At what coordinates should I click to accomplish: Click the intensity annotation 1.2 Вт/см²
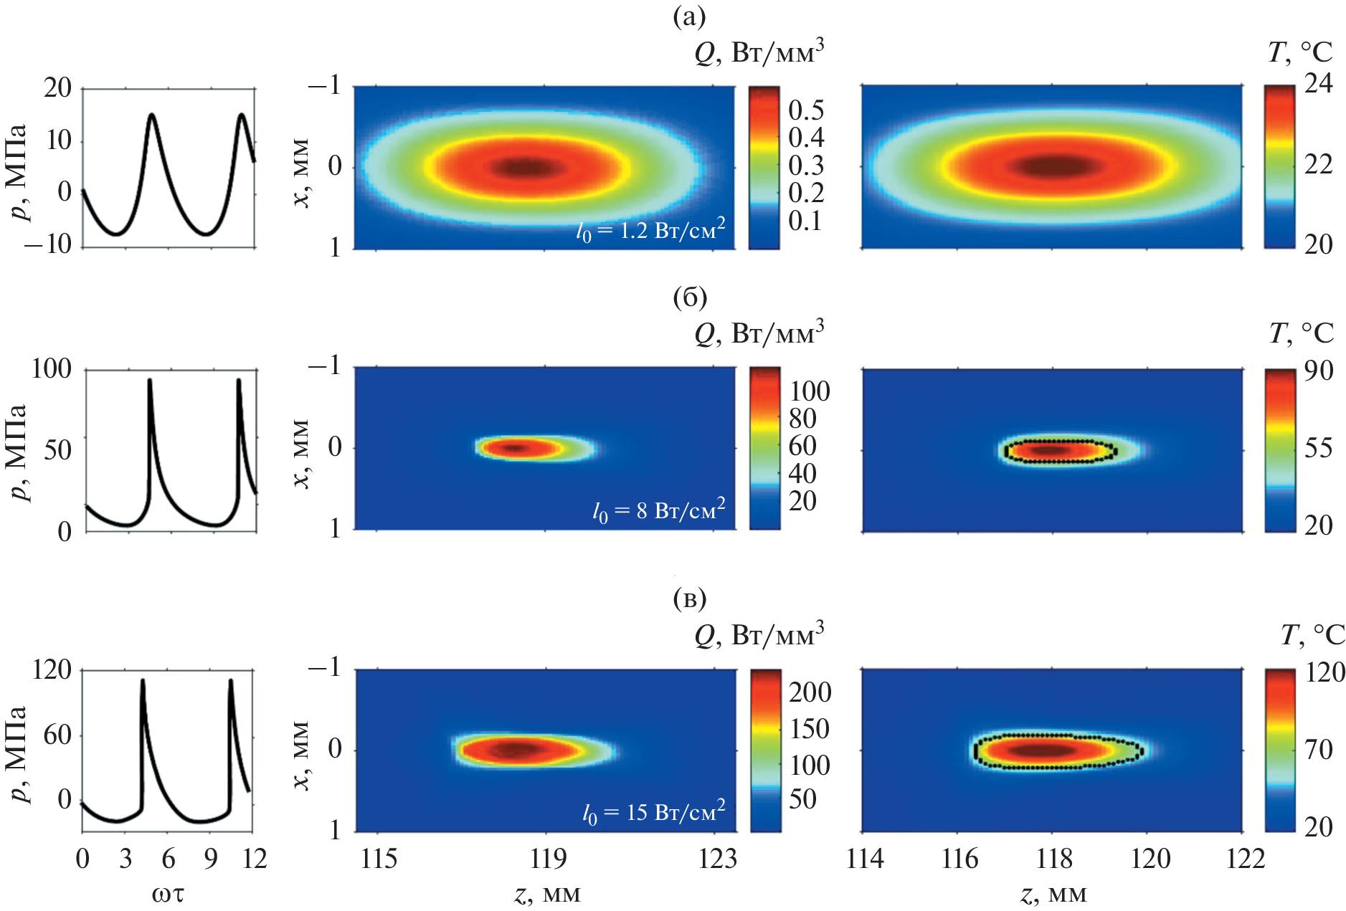[x=651, y=231]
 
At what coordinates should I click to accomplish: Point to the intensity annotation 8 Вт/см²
[x=659, y=511]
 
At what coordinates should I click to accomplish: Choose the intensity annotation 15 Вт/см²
[x=654, y=813]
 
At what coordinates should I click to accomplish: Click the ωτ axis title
[x=168, y=894]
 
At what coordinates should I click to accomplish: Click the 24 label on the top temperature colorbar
[x=1318, y=85]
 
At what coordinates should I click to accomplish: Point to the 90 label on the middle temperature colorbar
[x=1318, y=371]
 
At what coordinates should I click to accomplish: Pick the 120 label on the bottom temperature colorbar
[x=1324, y=672]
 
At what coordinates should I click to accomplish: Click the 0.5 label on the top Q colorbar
[x=806, y=110]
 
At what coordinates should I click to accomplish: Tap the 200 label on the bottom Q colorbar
[x=810, y=692]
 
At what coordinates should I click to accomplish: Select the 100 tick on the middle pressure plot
[x=52, y=369]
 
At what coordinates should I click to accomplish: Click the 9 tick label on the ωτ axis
[x=210, y=858]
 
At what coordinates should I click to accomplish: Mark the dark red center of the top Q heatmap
[x=528, y=168]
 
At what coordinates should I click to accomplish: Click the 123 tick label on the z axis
[x=718, y=858]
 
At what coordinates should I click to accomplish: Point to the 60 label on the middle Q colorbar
[x=803, y=446]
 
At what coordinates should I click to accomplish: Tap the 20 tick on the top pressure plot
[x=57, y=88]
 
